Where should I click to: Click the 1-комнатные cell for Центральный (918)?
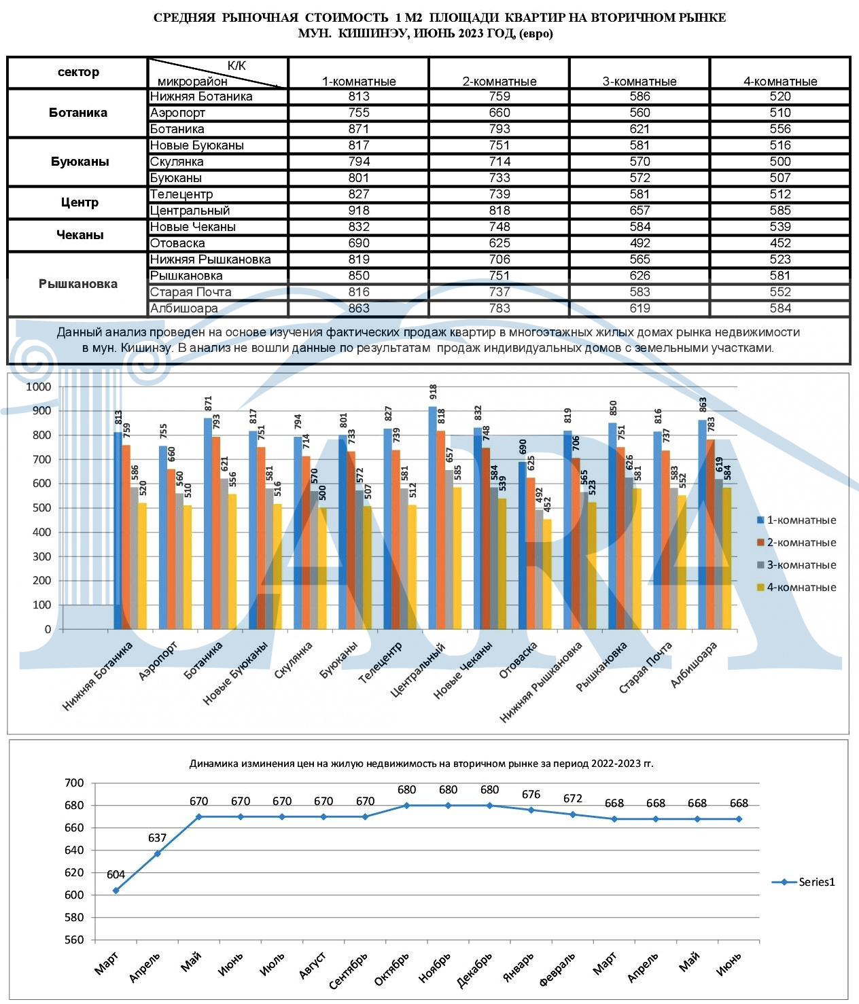click(359, 211)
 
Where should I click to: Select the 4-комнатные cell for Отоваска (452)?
click(779, 243)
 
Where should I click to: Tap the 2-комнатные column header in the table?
click(499, 81)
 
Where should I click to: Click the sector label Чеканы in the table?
click(80, 234)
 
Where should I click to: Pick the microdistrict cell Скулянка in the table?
click(177, 161)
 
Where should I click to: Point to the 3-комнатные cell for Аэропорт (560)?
click(639, 113)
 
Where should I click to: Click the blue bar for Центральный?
click(432, 518)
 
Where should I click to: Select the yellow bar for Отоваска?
click(547, 575)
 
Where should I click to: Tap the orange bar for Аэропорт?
click(171, 550)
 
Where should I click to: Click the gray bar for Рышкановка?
click(629, 554)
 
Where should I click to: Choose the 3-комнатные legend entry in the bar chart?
click(796, 565)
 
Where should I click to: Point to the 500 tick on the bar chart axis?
click(41, 508)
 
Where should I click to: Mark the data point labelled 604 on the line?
click(116, 891)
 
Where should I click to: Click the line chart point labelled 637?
click(158, 853)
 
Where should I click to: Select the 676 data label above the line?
click(531, 794)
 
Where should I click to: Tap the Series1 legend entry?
click(803, 882)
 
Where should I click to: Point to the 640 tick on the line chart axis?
click(74, 850)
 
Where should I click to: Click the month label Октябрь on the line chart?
click(391, 969)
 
